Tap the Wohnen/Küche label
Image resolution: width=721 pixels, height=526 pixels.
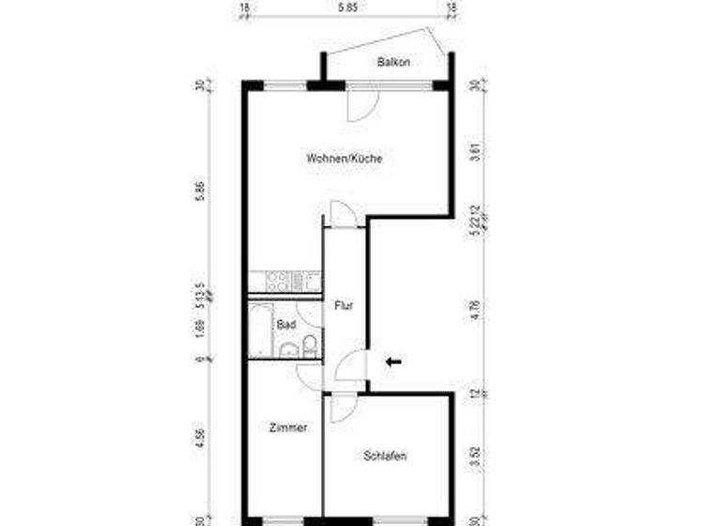tap(344, 159)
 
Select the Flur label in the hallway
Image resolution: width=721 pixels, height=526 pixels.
tap(344, 305)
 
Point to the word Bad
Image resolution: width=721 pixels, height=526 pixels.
tap(285, 324)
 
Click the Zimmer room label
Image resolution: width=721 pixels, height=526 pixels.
tap(287, 427)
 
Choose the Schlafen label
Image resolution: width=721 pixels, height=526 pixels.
tap(385, 456)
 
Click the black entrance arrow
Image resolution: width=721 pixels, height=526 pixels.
tap(393, 361)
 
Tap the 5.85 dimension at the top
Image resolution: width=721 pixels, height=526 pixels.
tap(346, 8)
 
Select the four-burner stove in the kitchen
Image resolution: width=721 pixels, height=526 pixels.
tap(279, 281)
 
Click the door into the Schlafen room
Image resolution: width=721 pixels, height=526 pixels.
tap(341, 407)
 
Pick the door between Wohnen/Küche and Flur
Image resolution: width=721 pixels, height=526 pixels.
tap(343, 213)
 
